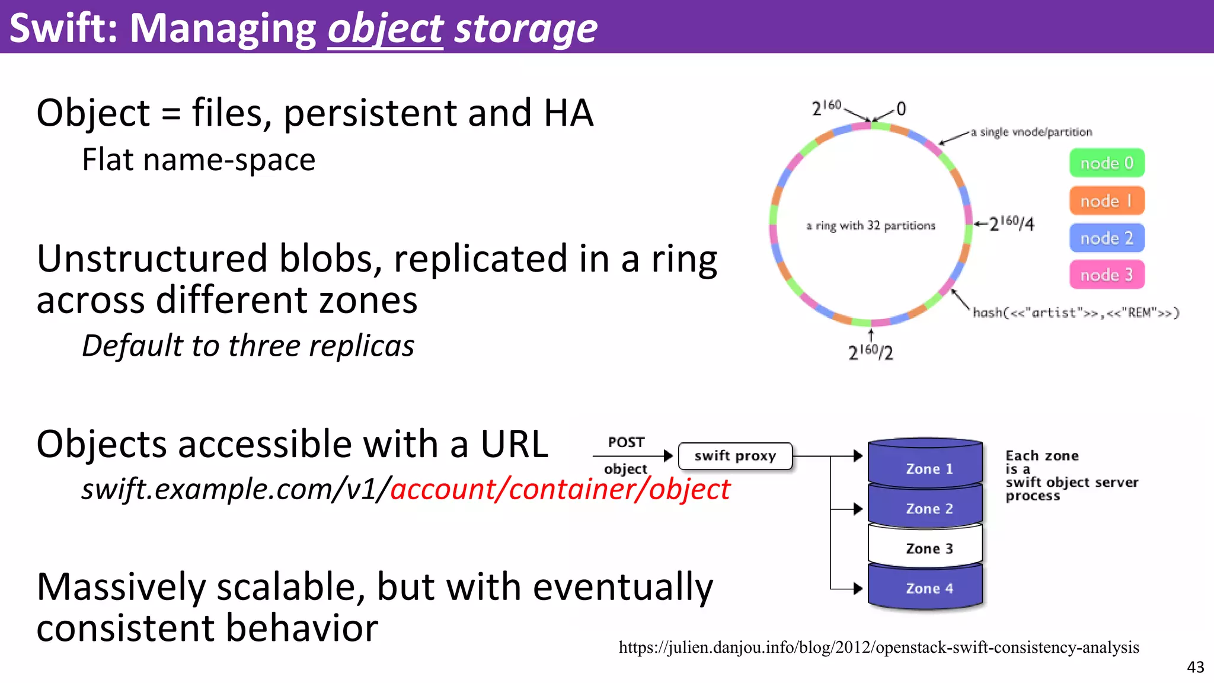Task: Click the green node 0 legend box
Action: pos(1107,163)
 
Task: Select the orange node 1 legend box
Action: pos(1107,201)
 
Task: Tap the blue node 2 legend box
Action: pos(1107,238)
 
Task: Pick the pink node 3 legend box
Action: pos(1107,275)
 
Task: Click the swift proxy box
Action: pos(735,456)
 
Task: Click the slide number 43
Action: pos(1195,668)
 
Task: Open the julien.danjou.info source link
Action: pos(878,647)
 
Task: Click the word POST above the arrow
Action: pos(626,442)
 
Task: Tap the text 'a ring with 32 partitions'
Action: pos(870,226)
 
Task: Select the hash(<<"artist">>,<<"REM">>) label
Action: pos(1075,312)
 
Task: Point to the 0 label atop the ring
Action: pos(901,109)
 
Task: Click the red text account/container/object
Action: pos(560,490)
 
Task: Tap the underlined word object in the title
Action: pos(385,28)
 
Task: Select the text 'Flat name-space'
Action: pos(199,160)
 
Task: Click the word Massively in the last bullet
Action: pos(121,587)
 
